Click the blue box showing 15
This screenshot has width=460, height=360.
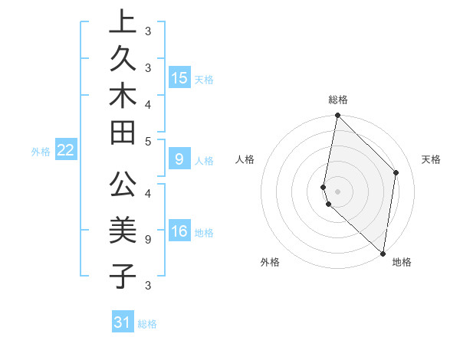[x=179, y=77]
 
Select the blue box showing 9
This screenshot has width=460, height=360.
[x=179, y=159]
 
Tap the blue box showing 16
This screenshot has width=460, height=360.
[x=179, y=232]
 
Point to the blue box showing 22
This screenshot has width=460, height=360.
[x=66, y=150]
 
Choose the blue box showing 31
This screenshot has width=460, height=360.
[x=123, y=322]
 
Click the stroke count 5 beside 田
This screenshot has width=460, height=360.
[x=147, y=141]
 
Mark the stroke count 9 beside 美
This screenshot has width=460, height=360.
[x=147, y=238]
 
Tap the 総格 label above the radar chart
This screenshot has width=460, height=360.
[x=338, y=100]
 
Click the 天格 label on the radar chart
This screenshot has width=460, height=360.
[x=431, y=159]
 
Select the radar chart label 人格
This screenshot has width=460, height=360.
[x=245, y=159]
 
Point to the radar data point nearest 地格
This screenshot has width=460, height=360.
[x=383, y=253]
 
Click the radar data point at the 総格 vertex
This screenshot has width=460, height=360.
[x=337, y=116]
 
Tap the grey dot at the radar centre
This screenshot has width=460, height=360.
[x=337, y=191]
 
